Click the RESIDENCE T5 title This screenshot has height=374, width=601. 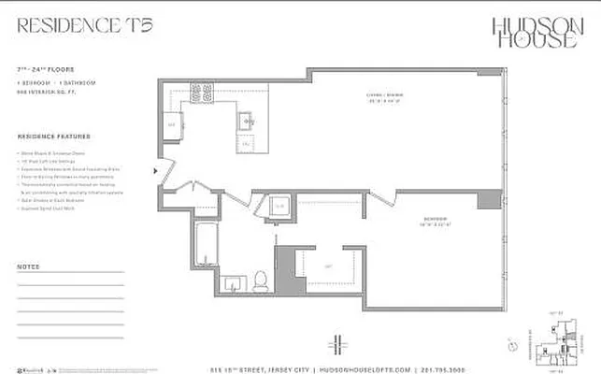coord(83,25)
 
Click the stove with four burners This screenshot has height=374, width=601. coord(202,93)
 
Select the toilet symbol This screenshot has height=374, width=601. coord(262,280)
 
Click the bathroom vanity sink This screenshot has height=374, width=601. coord(233,282)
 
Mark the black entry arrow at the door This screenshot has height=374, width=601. coord(155,171)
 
